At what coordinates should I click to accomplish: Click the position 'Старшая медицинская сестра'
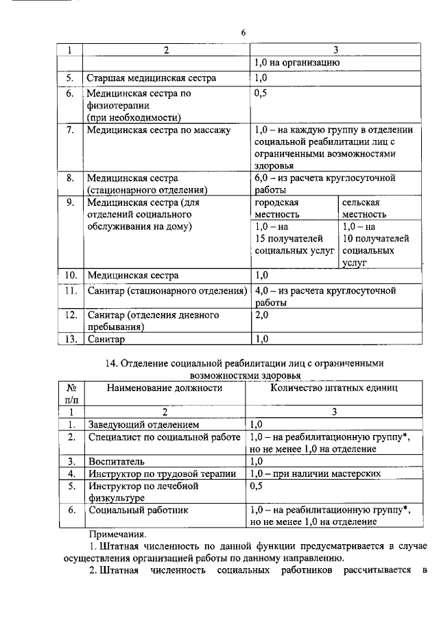click(x=151, y=78)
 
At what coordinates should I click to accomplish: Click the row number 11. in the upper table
click(x=69, y=291)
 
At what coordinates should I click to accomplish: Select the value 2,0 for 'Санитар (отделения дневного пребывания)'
click(x=261, y=315)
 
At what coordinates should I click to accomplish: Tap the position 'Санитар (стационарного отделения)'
click(x=167, y=291)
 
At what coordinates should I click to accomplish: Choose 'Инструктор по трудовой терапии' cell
click(x=162, y=473)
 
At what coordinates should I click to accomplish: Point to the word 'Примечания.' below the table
click(x=117, y=534)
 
